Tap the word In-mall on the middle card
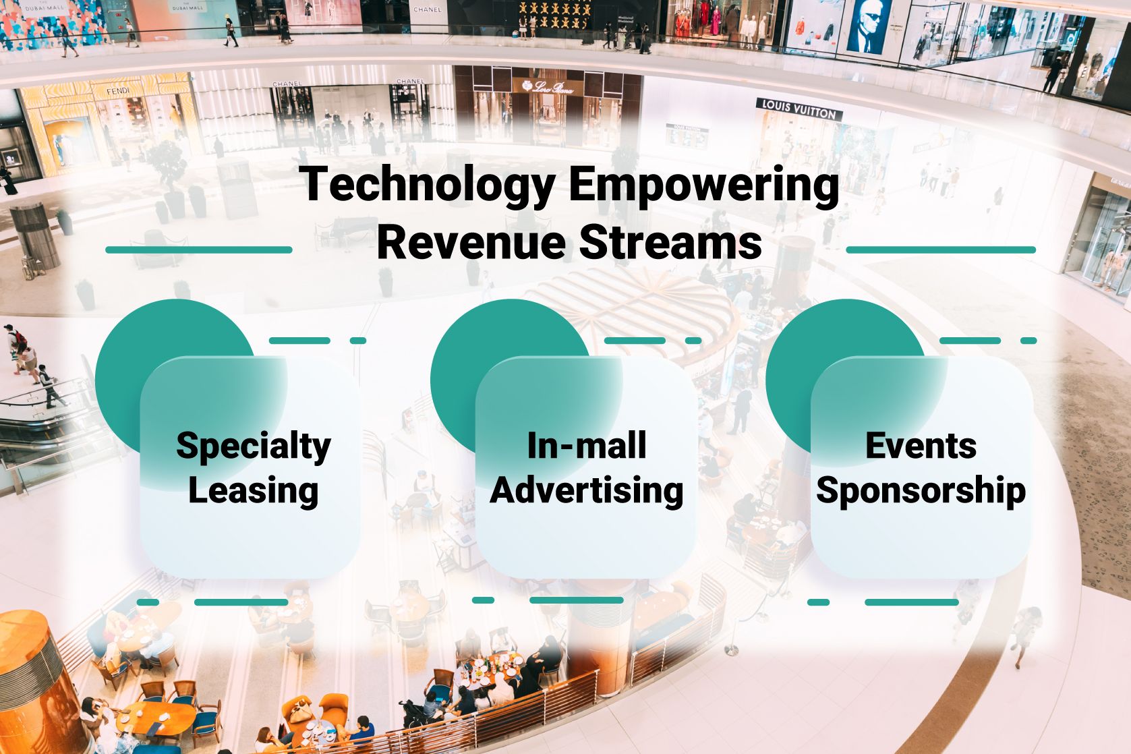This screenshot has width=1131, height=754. (587, 445)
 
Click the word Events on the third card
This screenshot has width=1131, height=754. (921, 445)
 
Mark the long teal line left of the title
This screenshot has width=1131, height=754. (199, 250)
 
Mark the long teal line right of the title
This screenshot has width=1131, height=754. (941, 250)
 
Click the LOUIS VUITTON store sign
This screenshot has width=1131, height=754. (799, 109)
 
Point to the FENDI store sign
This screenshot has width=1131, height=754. (118, 92)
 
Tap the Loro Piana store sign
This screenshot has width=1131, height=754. (548, 86)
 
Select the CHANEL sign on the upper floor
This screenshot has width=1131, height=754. (427, 9)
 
